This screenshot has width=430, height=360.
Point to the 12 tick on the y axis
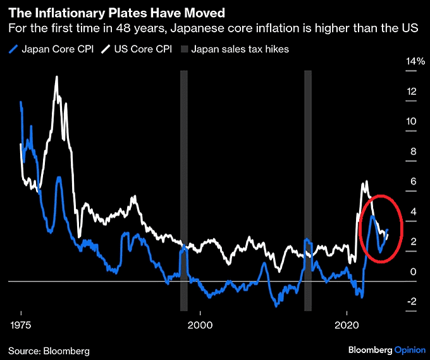[x=412, y=92]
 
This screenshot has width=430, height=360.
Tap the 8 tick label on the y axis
[x=412, y=152]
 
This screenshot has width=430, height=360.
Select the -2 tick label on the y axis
[x=412, y=302]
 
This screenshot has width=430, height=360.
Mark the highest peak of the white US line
[x=56, y=77]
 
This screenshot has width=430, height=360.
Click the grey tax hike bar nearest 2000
[x=184, y=190]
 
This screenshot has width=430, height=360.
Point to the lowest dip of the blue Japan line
[x=276, y=305]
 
